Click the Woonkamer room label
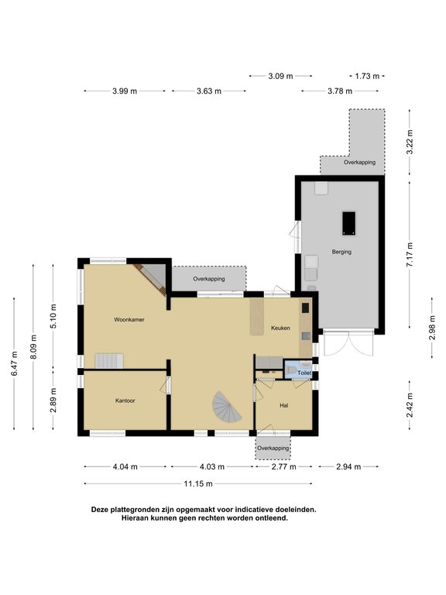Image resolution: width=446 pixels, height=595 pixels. [129, 319]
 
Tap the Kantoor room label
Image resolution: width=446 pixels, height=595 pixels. [125, 401]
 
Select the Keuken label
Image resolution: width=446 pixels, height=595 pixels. [280, 328]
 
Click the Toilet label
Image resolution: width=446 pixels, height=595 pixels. [304, 373]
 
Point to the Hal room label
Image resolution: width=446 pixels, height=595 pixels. [283, 405]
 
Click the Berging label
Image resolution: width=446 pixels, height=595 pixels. [341, 252]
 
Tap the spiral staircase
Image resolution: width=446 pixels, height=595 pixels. [226, 407]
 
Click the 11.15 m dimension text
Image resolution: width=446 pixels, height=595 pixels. [198, 483]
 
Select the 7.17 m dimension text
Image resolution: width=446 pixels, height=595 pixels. [410, 255]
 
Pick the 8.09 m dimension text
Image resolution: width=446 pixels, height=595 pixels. [34, 347]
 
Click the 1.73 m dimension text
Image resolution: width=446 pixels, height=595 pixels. [367, 76]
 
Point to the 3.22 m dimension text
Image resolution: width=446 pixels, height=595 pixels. [410, 142]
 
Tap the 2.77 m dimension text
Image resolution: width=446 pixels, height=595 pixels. [283, 466]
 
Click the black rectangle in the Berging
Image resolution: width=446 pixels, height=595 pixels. [349, 223]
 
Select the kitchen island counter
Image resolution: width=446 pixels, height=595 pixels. [257, 316]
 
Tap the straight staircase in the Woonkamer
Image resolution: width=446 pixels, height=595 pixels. [109, 361]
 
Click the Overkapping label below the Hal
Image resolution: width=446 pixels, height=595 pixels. [273, 448]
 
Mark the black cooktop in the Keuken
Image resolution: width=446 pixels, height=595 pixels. [305, 308]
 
